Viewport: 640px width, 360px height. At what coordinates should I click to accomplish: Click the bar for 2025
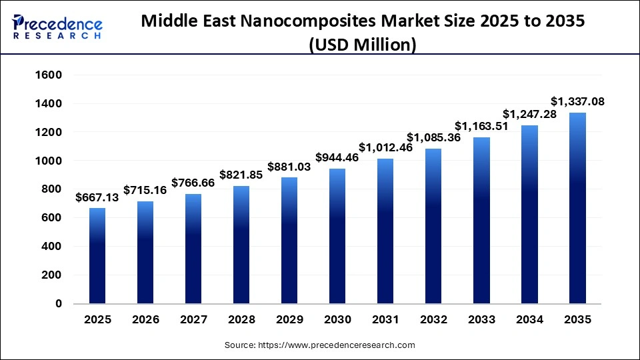coord(97,256)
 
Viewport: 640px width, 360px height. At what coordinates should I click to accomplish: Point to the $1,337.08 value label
coord(577,101)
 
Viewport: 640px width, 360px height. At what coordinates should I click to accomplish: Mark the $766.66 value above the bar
coord(193,182)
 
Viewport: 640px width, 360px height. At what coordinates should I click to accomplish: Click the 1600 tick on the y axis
coord(48,75)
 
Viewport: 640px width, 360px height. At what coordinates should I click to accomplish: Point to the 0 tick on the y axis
coord(59,303)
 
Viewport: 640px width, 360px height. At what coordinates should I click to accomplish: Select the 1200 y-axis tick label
coord(48,132)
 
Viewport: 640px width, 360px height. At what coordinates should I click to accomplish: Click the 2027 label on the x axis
coord(193,319)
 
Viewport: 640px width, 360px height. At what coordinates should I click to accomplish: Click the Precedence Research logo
coord(57,27)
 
